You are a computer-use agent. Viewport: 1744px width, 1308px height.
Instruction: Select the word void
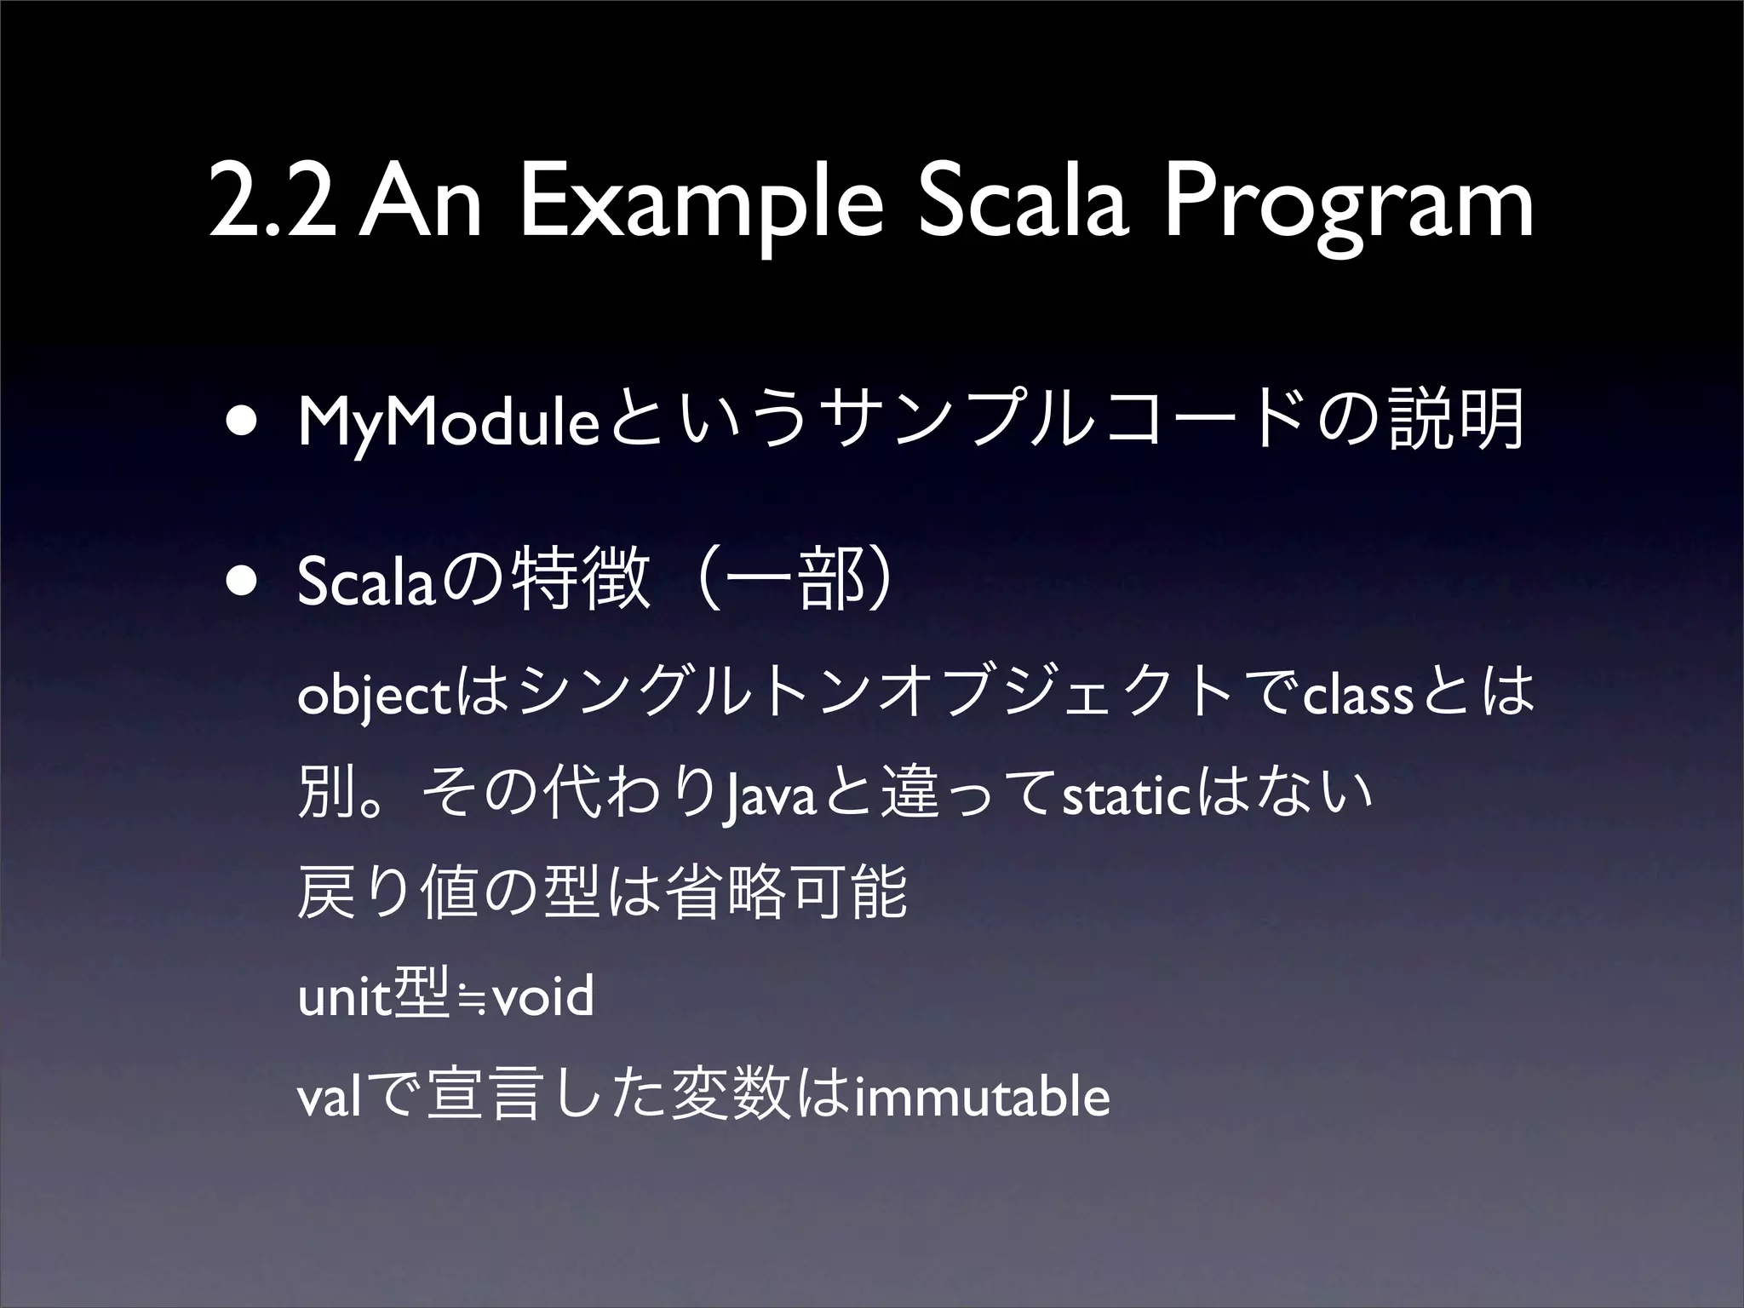point(542,997)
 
